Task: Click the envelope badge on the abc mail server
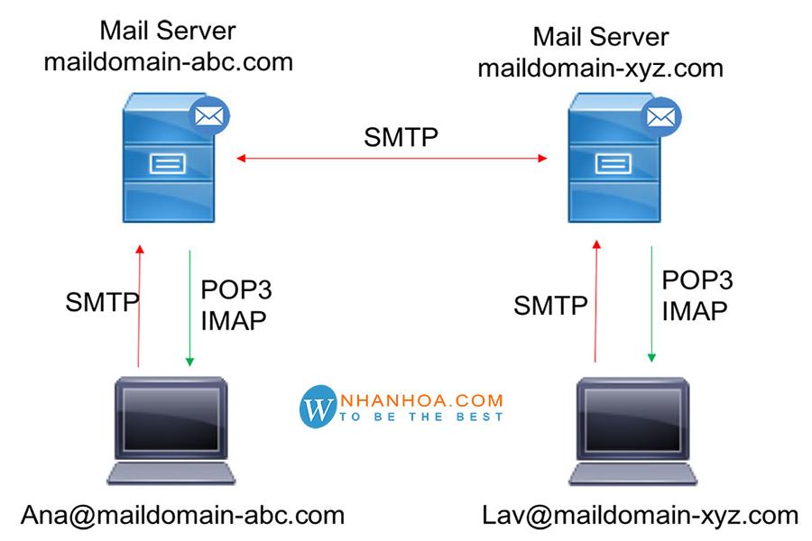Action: (208, 116)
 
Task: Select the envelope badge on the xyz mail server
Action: (660, 117)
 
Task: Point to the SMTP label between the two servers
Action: (401, 137)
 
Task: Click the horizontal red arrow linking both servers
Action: (392, 158)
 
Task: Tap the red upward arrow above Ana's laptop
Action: (139, 306)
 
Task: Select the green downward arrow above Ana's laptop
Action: (190, 308)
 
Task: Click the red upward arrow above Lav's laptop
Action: (596, 301)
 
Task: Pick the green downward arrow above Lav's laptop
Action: (652, 304)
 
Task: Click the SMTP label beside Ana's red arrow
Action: (102, 302)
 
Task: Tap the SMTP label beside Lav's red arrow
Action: (550, 306)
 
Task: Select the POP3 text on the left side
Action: (236, 289)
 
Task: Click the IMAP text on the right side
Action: (695, 311)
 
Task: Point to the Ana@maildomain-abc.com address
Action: (183, 515)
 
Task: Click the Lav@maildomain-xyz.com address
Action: (640, 515)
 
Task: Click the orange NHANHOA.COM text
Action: (421, 400)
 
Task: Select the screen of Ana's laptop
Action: (171, 418)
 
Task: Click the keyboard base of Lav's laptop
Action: (632, 473)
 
